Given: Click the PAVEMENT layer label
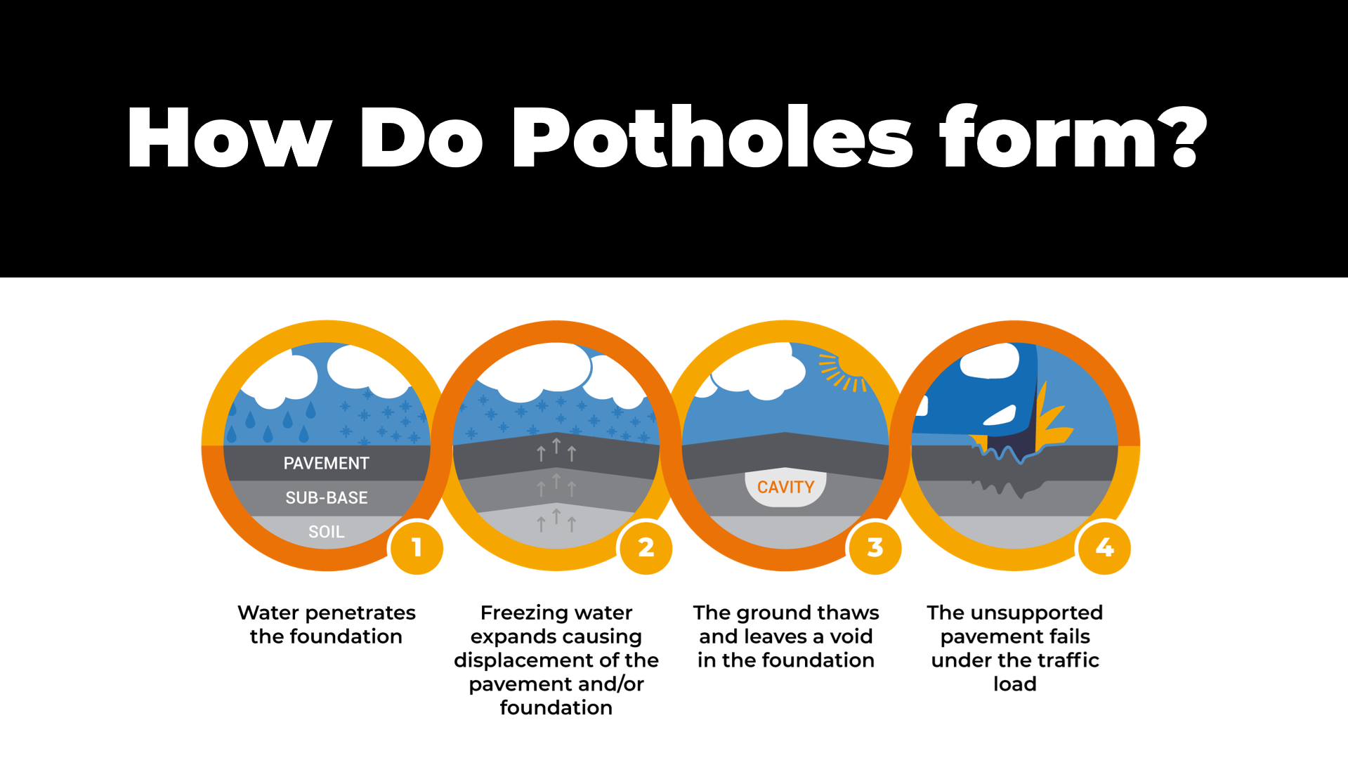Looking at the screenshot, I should [326, 464].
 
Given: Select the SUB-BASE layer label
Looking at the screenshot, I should [326, 498].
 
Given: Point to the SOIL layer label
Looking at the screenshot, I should [326, 532].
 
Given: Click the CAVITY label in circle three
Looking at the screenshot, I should [785, 488].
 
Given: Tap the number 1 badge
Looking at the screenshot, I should [417, 547].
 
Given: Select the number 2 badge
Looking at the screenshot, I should [646, 547].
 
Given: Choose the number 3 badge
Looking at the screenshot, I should [875, 547].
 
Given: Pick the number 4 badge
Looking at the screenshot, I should [1104, 547].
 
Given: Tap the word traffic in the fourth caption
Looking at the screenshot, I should [1064, 660].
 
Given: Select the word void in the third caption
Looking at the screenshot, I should [851, 637].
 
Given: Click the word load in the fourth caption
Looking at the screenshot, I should [1014, 684].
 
